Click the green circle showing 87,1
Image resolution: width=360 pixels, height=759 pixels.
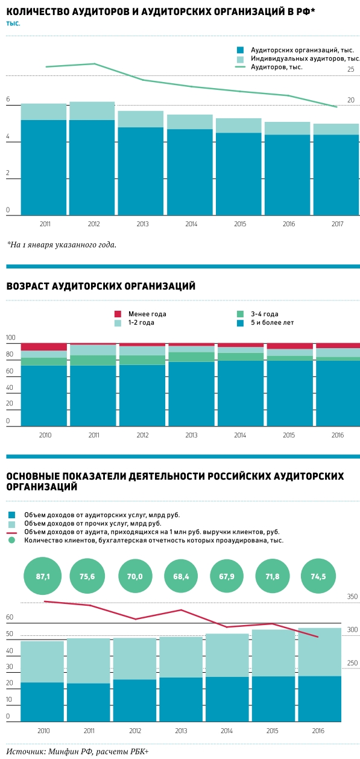[x=43, y=576]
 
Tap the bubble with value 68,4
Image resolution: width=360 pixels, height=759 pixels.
[x=181, y=576]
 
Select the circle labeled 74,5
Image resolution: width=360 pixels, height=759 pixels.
[x=318, y=576]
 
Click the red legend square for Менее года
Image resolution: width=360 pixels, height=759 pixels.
[x=118, y=314]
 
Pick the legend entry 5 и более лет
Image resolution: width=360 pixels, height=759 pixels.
[x=273, y=323]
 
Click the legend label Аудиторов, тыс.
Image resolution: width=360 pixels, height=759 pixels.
[x=276, y=67]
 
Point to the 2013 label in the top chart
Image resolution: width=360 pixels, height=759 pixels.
[x=142, y=224]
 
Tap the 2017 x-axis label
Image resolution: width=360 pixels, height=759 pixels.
[x=337, y=224]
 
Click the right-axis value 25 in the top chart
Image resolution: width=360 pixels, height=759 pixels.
[x=350, y=69]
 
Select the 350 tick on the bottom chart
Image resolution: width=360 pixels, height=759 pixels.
[x=353, y=597]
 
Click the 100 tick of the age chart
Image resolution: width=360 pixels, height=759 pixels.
[x=11, y=337]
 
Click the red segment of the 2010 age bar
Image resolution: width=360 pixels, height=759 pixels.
[x=44, y=347]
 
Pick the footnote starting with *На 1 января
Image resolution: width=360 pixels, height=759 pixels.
[x=62, y=244]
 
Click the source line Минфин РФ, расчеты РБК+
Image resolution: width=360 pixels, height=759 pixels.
[x=78, y=752]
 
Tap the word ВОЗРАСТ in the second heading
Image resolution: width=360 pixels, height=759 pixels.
[x=27, y=286]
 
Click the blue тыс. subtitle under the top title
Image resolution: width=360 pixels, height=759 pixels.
[x=13, y=24]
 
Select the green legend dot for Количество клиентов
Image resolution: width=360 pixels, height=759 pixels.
[x=12, y=540]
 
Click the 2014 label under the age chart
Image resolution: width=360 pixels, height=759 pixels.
[x=240, y=435]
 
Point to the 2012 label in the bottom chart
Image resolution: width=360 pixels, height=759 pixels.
[x=135, y=731]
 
